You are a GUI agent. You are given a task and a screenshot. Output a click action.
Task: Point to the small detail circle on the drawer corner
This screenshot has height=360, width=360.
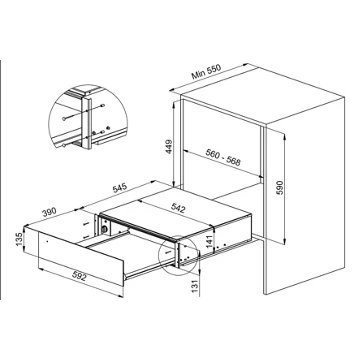[x=188, y=258]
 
